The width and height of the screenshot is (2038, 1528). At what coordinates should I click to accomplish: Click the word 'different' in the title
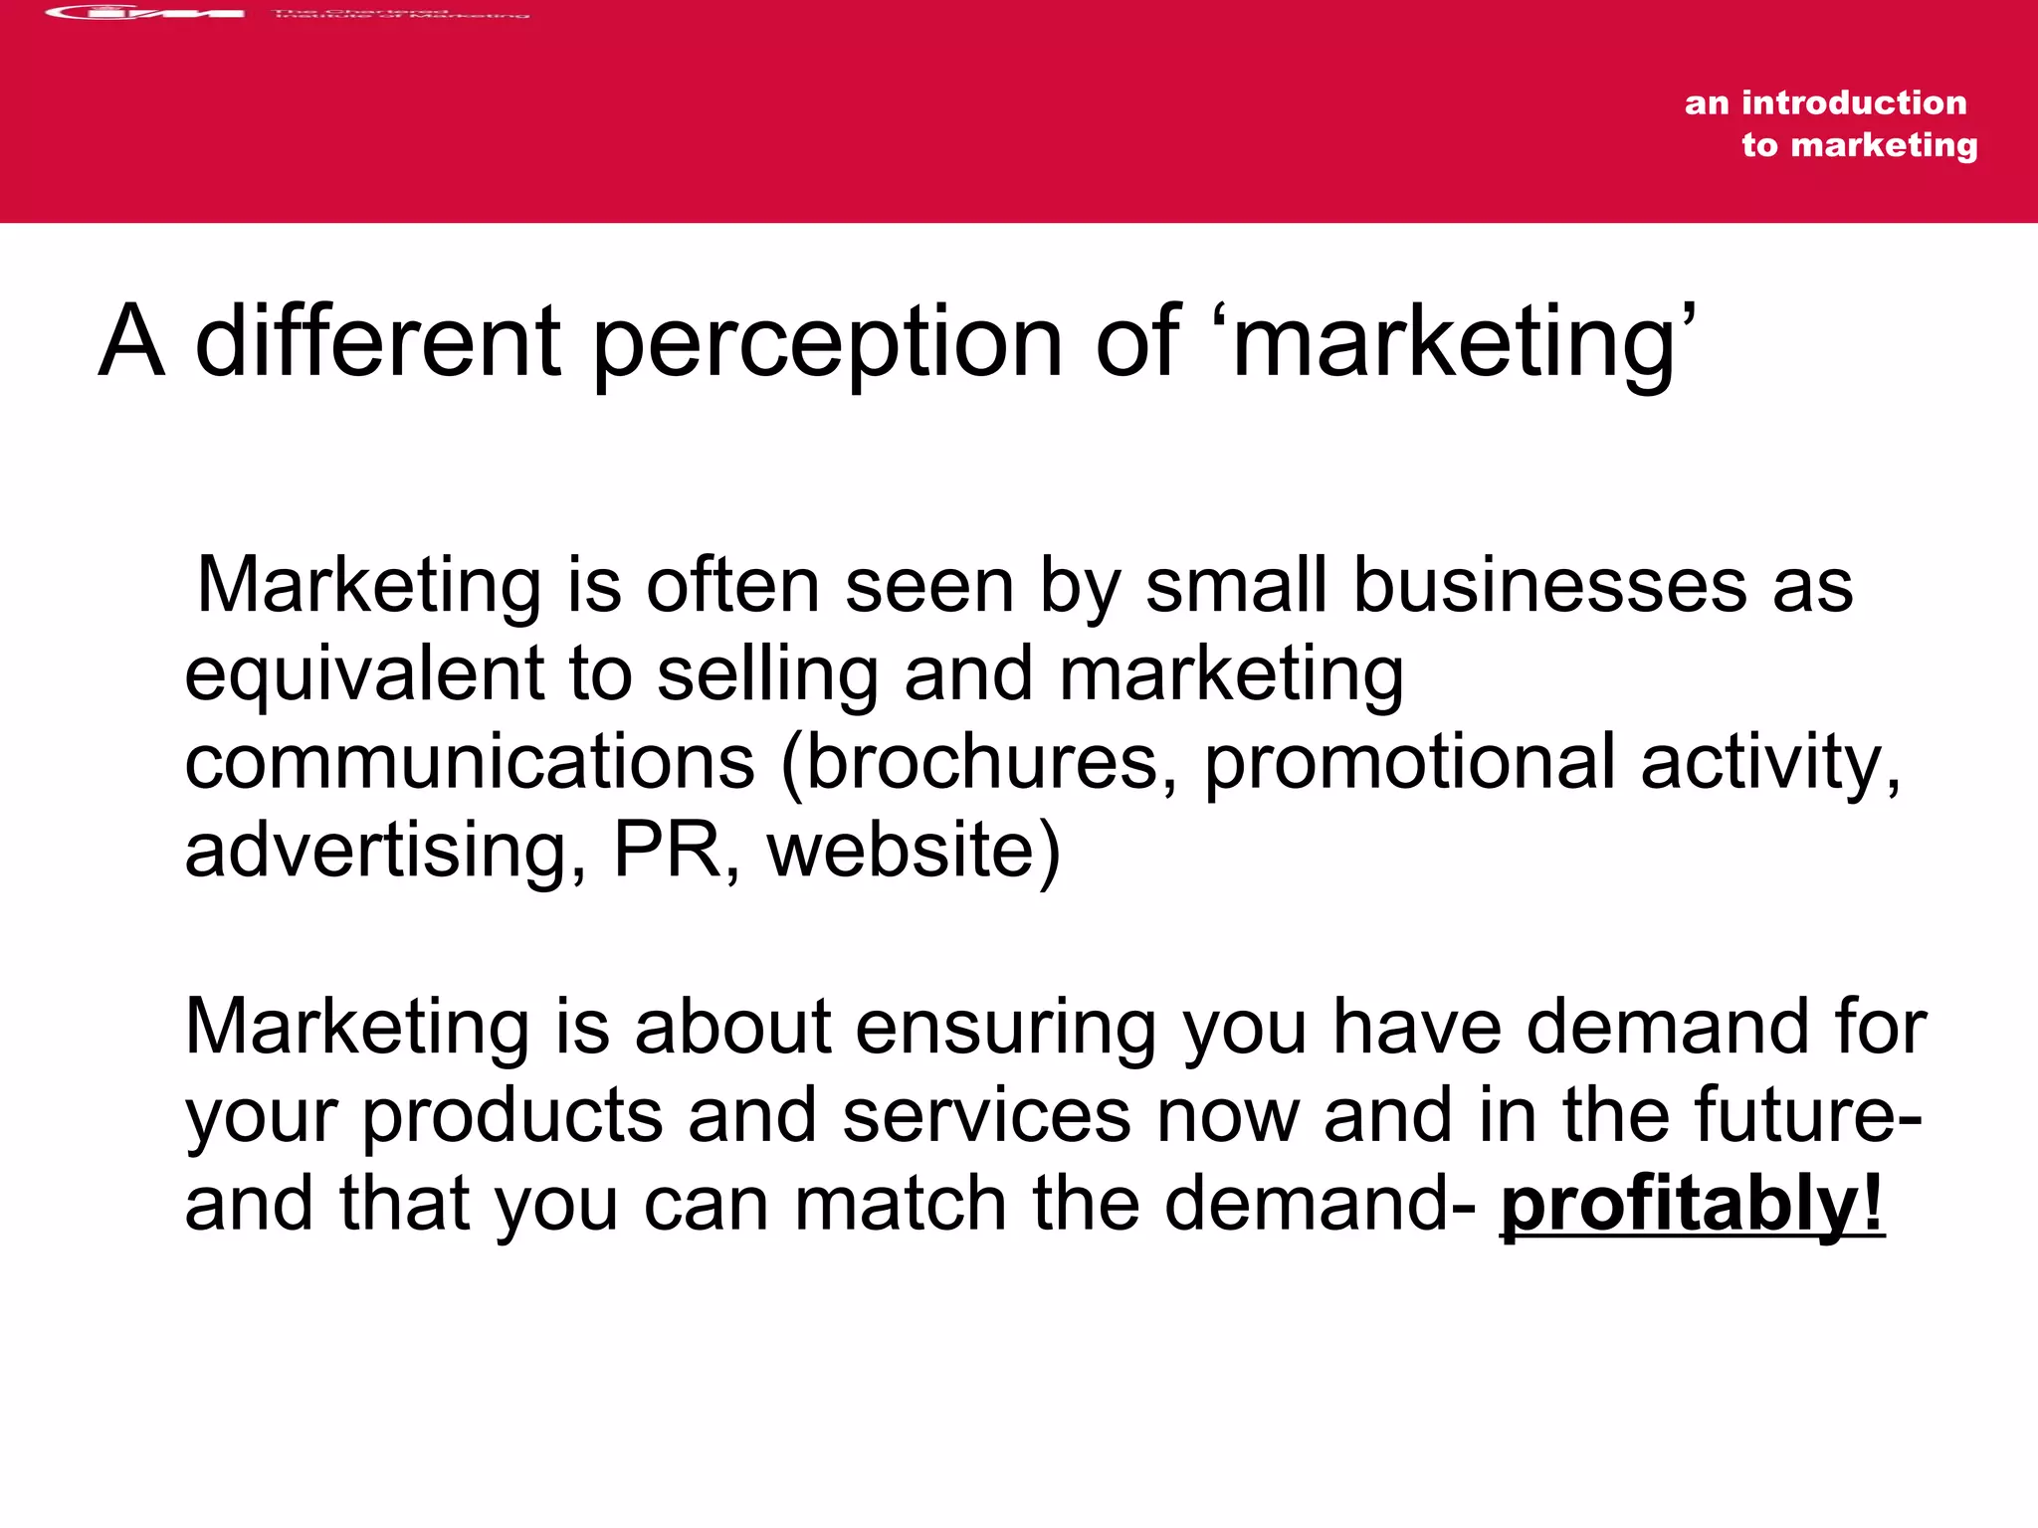click(x=377, y=343)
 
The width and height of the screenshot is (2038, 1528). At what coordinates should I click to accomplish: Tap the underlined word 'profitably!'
click(x=1692, y=1204)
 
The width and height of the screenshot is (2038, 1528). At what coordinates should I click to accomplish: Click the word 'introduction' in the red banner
click(x=1854, y=102)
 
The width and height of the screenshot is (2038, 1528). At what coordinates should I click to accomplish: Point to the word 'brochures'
click(x=981, y=763)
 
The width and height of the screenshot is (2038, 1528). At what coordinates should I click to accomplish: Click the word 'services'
click(x=986, y=1116)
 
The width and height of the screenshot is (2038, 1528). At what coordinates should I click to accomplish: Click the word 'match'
click(x=901, y=1204)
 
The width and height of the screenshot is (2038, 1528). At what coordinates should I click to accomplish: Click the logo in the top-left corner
click(x=145, y=13)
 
